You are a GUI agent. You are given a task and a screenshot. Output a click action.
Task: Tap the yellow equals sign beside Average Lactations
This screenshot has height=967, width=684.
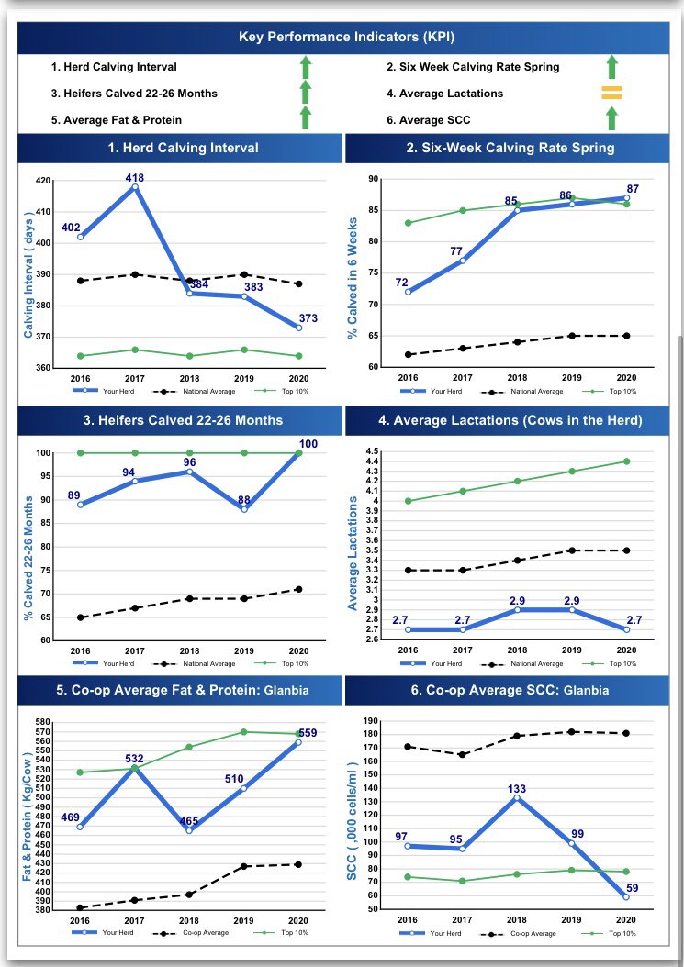(611, 93)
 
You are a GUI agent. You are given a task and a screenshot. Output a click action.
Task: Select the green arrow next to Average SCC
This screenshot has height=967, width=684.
(611, 118)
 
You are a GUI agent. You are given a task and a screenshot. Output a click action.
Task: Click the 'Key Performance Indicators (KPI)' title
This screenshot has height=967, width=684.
(346, 38)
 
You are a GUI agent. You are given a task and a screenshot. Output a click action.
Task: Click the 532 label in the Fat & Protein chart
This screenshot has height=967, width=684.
(135, 758)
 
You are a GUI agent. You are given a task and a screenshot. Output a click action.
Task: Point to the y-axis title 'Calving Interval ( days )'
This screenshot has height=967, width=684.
(28, 273)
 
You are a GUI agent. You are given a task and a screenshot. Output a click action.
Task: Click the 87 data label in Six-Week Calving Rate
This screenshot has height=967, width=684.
(633, 188)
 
